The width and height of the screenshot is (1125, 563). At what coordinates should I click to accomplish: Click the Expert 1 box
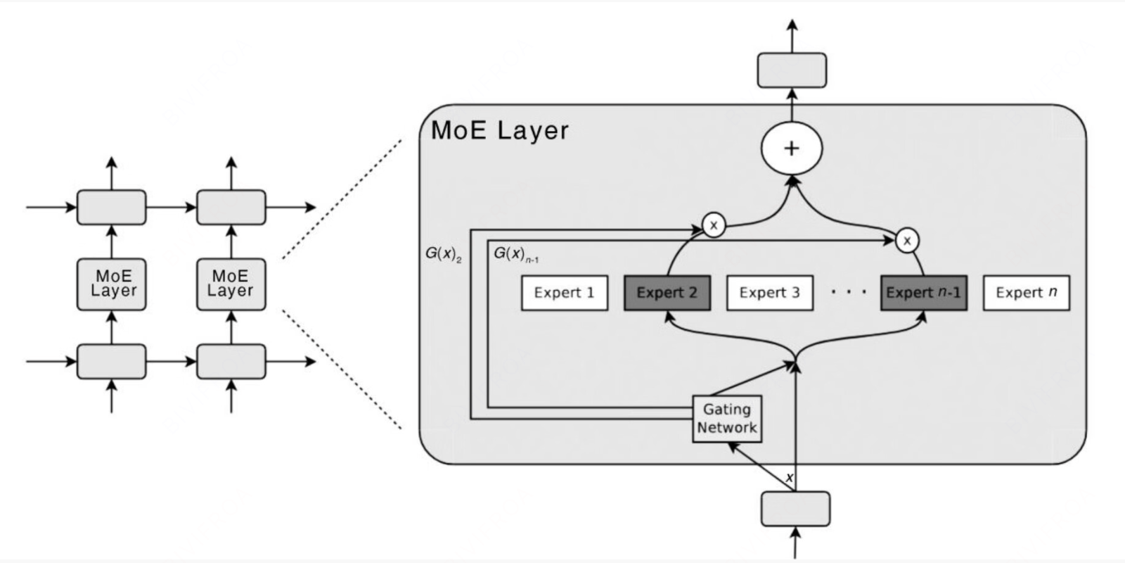tap(564, 293)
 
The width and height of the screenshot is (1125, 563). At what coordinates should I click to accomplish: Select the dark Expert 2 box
tap(667, 293)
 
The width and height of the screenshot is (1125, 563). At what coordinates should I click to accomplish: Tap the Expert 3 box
tap(769, 293)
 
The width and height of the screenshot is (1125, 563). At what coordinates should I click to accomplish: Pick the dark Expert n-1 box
tap(923, 293)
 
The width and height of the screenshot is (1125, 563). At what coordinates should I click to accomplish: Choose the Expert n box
tap(1026, 293)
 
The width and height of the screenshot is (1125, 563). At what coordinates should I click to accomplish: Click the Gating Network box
tap(727, 419)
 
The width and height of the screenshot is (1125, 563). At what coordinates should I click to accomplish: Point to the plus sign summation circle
tap(792, 148)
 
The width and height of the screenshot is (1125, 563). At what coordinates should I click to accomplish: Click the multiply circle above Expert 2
tap(714, 226)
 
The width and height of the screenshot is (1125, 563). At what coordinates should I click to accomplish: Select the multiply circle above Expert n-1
tap(907, 241)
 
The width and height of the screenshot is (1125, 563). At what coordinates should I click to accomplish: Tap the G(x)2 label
tap(443, 254)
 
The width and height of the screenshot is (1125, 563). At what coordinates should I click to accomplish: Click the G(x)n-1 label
tap(515, 254)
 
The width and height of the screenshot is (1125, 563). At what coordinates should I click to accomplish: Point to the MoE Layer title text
tap(499, 131)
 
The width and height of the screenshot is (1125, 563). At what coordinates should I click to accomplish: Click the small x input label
tap(789, 478)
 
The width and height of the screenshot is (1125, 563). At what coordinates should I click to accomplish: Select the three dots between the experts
tap(848, 291)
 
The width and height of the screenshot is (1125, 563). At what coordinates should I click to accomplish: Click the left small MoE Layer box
tap(112, 284)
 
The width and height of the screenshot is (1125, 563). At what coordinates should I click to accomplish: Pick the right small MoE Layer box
tap(231, 284)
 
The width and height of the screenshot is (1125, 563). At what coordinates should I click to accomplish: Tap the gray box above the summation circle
tap(792, 70)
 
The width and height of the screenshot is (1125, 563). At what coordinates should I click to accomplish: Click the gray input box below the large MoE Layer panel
tap(795, 508)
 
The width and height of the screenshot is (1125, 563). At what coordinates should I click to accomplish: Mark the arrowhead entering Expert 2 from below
tap(667, 316)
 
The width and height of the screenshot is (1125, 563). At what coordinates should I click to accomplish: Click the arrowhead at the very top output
tap(792, 25)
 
